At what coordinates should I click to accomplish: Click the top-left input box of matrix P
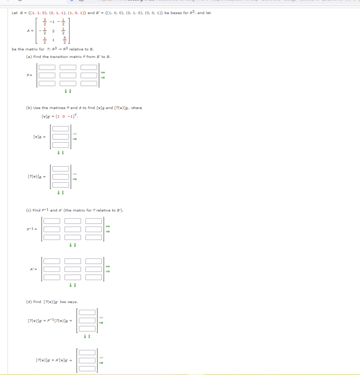click(x=47, y=67)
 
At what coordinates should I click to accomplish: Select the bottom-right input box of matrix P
click(x=89, y=83)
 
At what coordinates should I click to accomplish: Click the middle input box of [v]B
click(x=61, y=137)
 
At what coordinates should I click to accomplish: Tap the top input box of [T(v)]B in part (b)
click(x=61, y=169)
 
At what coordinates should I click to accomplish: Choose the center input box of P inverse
click(x=73, y=229)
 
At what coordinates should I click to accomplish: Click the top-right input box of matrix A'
click(x=94, y=261)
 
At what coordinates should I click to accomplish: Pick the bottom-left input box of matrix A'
click(x=52, y=277)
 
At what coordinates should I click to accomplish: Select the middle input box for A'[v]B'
click(x=87, y=361)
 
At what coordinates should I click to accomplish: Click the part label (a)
click(x=29, y=57)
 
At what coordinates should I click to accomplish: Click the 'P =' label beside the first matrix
click(x=30, y=75)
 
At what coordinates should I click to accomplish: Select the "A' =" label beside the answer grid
click(x=33, y=269)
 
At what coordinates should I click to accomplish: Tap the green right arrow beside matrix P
click(x=103, y=78)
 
